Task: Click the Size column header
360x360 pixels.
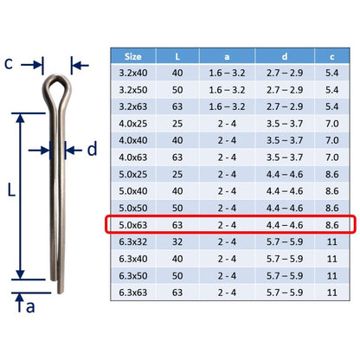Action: click(x=133, y=56)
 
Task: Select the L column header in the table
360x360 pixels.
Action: click(x=177, y=56)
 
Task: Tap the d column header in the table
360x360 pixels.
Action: click(x=285, y=56)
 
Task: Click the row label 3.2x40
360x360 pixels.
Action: click(x=133, y=73)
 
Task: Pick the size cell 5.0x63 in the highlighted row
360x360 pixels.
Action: click(x=133, y=225)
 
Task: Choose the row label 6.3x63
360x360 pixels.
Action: click(x=133, y=292)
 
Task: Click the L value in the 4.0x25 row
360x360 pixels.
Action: click(x=177, y=124)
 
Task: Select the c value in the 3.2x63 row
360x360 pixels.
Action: click(x=332, y=106)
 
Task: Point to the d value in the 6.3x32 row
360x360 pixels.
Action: click(x=285, y=241)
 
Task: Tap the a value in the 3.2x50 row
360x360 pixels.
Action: click(x=227, y=90)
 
